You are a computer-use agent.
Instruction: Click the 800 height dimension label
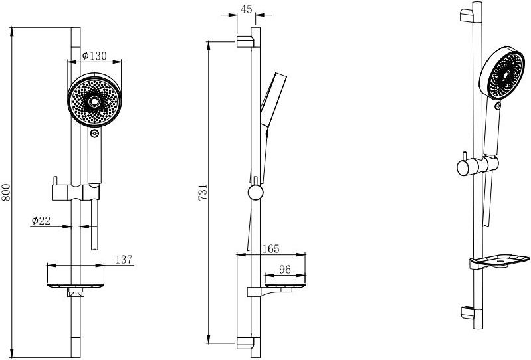click(7, 193)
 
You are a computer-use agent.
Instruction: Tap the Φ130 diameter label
click(94, 56)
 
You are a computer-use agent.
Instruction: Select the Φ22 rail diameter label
click(41, 221)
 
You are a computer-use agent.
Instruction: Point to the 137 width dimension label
click(124, 260)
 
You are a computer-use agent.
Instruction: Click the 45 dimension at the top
click(247, 9)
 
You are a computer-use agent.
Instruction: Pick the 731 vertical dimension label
click(203, 193)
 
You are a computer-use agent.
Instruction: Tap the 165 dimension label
click(271, 249)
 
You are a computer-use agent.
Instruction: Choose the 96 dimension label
click(285, 269)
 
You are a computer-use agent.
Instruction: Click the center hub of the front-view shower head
click(94, 101)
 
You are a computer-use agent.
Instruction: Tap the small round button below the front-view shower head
click(94, 134)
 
